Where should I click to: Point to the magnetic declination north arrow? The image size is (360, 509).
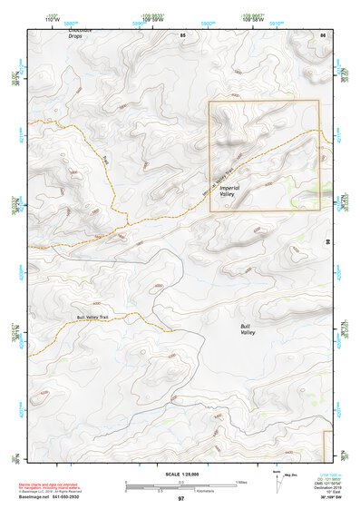[x=277, y=480]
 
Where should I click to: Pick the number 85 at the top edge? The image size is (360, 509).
[x=184, y=34]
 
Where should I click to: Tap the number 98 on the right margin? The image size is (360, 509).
[x=328, y=241]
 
